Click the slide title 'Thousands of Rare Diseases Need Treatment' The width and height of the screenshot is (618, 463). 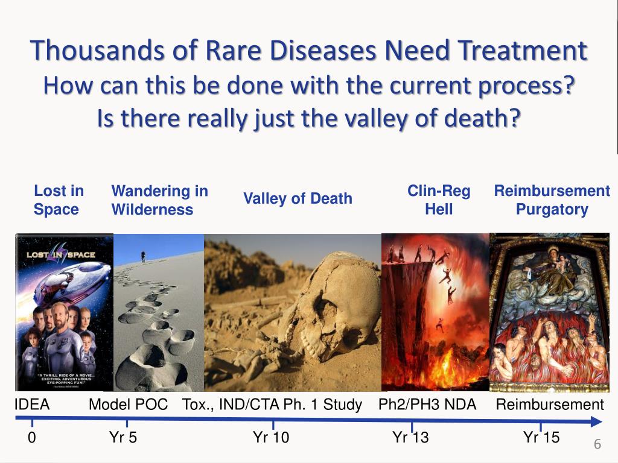point(309,51)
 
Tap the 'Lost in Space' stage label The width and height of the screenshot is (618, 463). point(59,200)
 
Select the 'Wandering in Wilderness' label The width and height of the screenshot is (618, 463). point(159,200)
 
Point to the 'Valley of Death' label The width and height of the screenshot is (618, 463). point(298,198)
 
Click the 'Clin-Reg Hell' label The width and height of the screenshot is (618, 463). point(439,200)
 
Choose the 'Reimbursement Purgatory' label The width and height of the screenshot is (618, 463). point(552,200)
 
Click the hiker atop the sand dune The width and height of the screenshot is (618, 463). point(143,256)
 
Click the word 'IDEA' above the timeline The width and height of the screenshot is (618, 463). point(32,405)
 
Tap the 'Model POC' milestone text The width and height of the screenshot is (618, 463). point(128,405)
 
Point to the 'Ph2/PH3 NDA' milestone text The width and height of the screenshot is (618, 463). point(427,405)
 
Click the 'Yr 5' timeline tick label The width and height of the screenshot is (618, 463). point(123,438)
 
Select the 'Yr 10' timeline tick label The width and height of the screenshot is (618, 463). point(271,438)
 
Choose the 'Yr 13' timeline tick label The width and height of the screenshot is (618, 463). point(410,438)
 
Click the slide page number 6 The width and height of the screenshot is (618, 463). point(597,445)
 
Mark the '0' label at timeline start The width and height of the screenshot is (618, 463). point(32,438)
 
